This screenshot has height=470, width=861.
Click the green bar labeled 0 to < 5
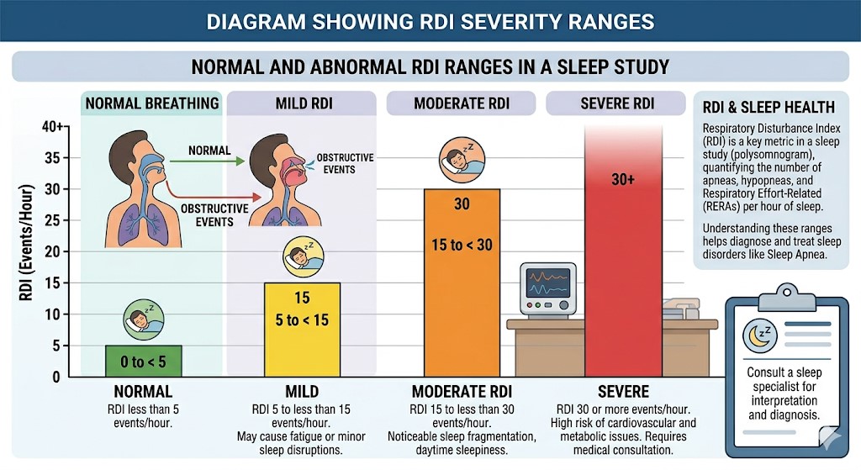point(143,361)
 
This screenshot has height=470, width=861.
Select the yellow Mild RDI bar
point(302,330)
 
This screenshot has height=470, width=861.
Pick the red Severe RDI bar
point(623,252)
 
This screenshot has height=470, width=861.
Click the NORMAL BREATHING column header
point(152,103)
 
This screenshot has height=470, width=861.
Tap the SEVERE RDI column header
point(618,103)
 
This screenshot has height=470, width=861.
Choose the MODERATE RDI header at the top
point(462,103)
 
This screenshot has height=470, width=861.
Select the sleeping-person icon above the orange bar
point(461,161)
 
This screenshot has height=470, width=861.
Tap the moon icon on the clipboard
point(759,335)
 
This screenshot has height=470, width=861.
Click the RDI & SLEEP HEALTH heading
point(768,108)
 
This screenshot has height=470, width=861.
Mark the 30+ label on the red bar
point(623,180)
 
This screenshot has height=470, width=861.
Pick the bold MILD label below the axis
point(301,392)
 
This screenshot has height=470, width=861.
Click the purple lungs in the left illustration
point(125,221)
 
